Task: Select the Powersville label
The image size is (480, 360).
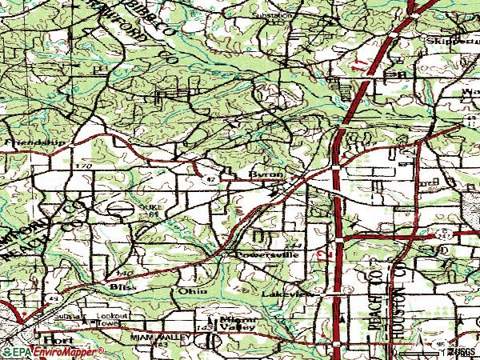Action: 266,254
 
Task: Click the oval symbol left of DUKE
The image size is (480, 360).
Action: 122,207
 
